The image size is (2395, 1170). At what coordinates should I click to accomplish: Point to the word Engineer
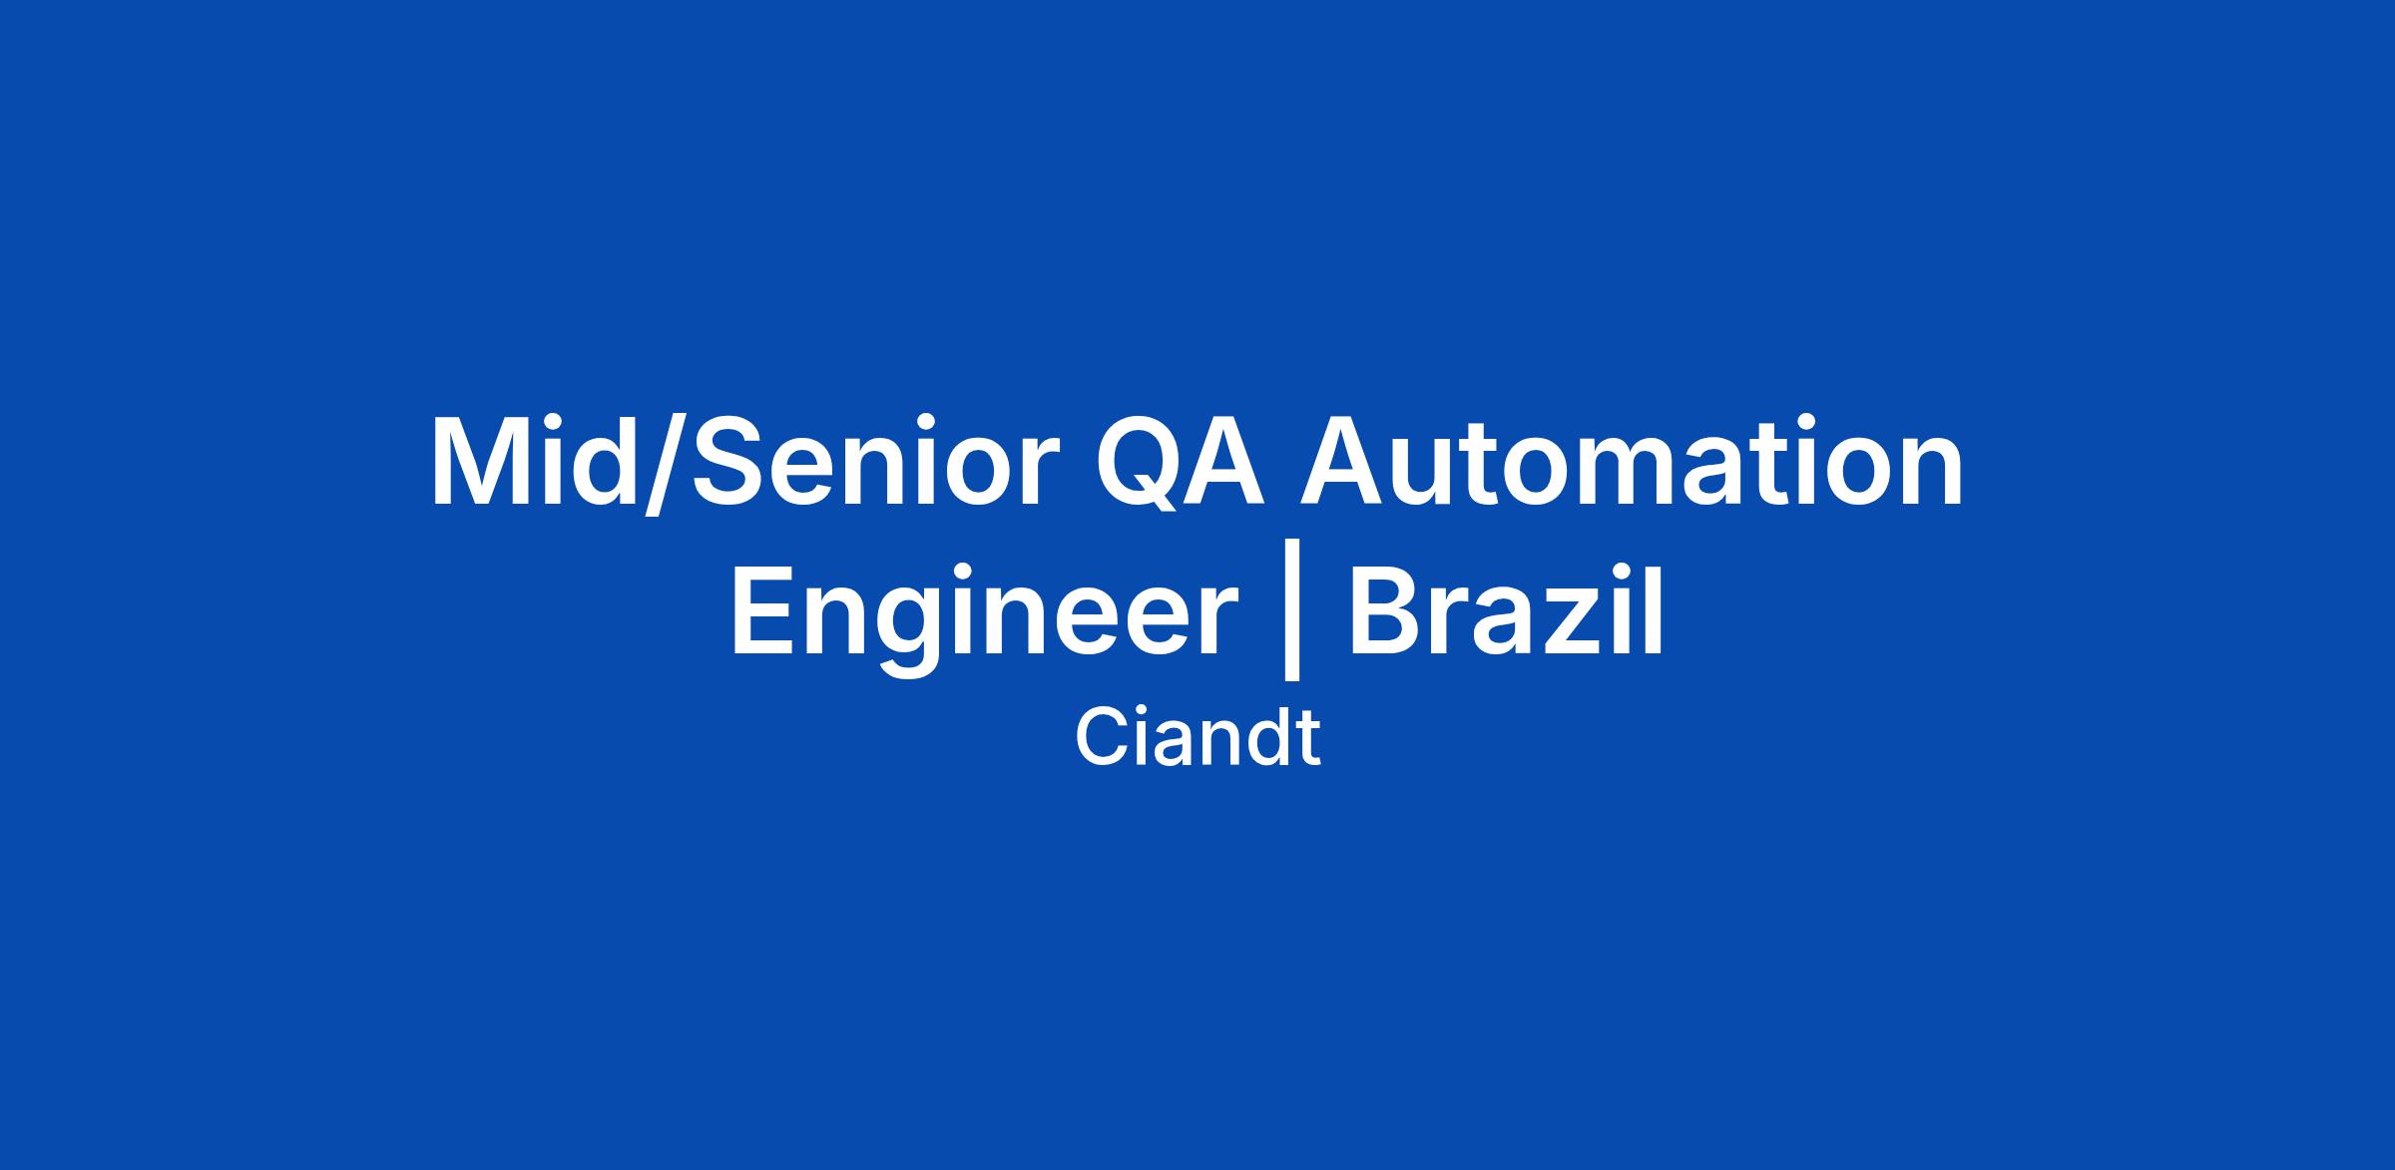pyautogui.click(x=984, y=615)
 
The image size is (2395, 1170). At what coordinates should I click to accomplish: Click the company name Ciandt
pyautogui.click(x=1197, y=739)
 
